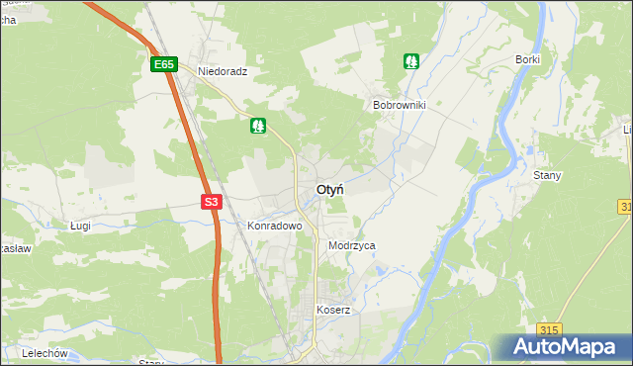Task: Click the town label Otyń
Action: (x=330, y=190)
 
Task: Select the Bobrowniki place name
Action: (x=399, y=104)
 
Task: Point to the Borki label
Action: (x=527, y=59)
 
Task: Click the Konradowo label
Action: (x=274, y=226)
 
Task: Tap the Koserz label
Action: (x=333, y=310)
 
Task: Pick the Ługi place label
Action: (x=81, y=226)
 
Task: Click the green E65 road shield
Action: (x=164, y=65)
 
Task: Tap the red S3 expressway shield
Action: (x=211, y=202)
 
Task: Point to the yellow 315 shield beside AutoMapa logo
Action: (x=551, y=329)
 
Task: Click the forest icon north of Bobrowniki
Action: (x=411, y=61)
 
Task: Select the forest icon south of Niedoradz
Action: (x=258, y=126)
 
